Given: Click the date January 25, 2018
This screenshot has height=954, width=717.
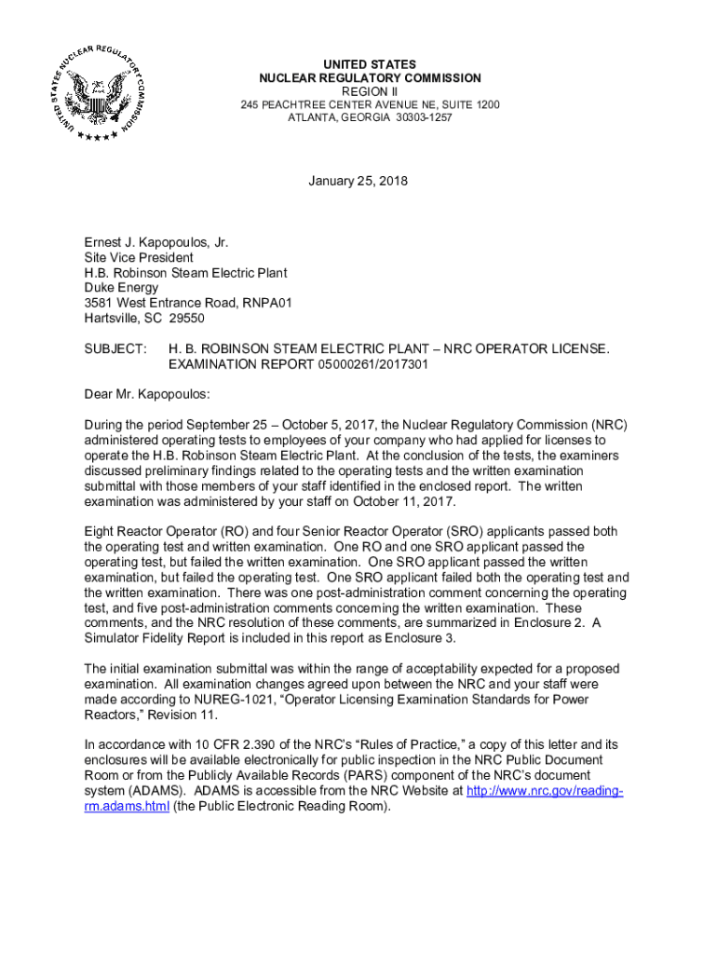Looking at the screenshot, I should (x=358, y=181).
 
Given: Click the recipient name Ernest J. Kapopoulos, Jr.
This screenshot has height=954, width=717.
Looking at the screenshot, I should (x=156, y=242).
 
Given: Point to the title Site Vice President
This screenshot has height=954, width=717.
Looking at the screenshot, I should (x=139, y=257).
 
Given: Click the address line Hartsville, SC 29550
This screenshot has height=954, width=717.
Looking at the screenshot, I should (x=144, y=318).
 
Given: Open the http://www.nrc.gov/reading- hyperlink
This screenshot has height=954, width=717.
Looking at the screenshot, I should (x=544, y=791).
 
